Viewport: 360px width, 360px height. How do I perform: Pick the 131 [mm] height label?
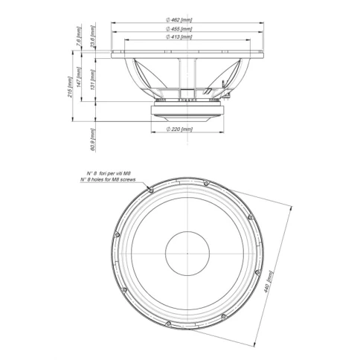pos(94,79)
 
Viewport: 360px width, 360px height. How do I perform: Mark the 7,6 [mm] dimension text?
pos(80,35)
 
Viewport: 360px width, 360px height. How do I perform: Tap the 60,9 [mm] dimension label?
pos(93,138)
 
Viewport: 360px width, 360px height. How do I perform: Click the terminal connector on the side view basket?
pos(225,94)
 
